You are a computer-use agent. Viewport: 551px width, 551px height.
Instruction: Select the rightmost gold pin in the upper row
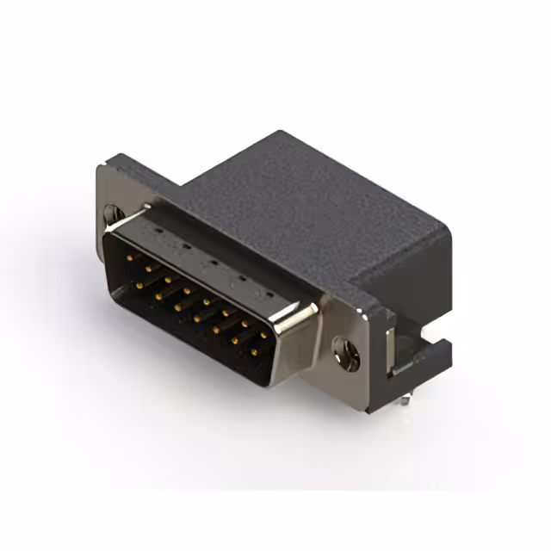pyautogui.click(x=263, y=335)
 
